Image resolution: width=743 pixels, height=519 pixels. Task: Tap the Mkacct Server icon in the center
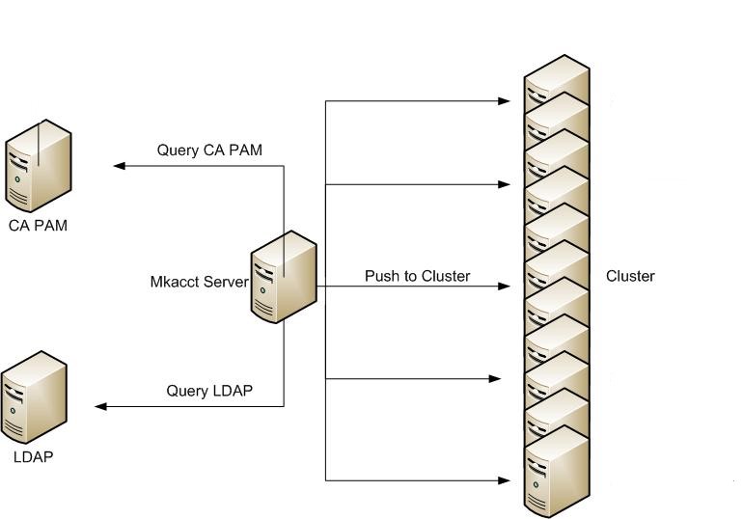tap(283, 276)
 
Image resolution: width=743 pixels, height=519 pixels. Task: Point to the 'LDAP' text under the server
tap(33, 456)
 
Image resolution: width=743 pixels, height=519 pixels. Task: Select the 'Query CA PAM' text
tap(209, 150)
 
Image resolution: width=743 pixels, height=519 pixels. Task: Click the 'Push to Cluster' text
tap(417, 276)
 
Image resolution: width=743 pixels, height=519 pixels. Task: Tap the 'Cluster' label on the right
tap(630, 276)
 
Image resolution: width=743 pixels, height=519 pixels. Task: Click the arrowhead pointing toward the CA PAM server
tap(119, 166)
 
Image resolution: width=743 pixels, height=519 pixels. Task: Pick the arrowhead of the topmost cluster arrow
tap(504, 100)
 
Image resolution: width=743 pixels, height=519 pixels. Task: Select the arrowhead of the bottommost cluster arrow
tap(504, 479)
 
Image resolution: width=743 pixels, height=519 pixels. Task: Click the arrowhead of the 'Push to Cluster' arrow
tap(504, 287)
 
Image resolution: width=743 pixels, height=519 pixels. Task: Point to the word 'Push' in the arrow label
tap(380, 276)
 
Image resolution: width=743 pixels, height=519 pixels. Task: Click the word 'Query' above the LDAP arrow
tap(187, 391)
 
